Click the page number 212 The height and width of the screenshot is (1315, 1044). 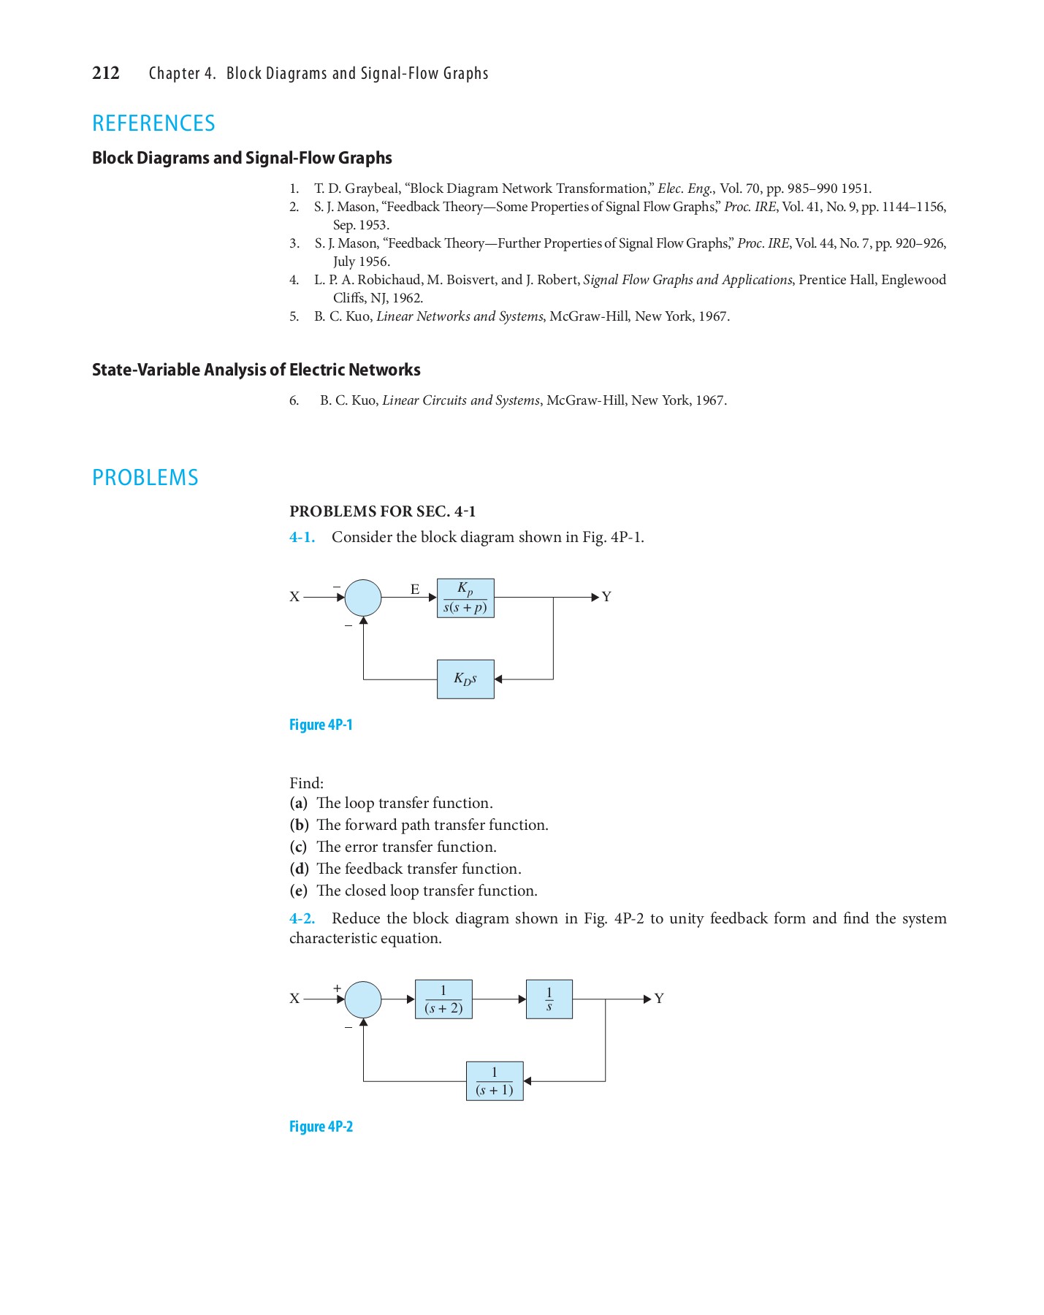106,73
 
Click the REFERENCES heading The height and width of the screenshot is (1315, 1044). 153,123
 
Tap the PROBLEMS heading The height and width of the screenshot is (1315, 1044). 145,478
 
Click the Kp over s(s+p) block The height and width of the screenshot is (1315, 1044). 465,598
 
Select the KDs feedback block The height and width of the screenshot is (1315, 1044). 465,679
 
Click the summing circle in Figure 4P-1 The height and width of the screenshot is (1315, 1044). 363,598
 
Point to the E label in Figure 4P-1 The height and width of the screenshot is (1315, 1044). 415,589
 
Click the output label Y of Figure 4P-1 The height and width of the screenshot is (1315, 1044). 606,597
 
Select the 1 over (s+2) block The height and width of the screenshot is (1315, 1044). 443,999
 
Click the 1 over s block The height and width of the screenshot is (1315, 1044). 549,999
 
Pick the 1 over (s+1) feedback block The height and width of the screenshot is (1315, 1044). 495,1081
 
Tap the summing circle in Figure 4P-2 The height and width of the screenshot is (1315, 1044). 363,999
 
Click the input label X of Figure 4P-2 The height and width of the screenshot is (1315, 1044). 294,999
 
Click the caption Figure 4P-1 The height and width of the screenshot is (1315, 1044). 321,725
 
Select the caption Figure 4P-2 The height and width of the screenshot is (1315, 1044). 321,1127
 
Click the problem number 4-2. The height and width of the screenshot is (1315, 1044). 302,918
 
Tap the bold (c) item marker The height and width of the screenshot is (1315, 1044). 298,847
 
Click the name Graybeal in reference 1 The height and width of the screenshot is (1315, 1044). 371,188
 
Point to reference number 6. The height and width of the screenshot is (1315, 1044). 294,400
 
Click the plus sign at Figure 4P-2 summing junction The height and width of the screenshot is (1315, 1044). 338,988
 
